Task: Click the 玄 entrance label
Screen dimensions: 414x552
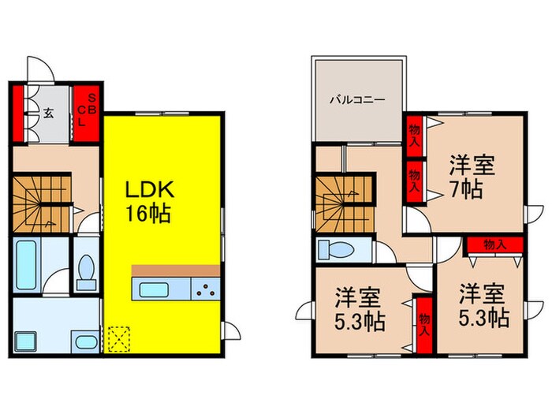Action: [48, 114]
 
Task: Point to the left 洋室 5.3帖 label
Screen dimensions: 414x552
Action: [358, 308]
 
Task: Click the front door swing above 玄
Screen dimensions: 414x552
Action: [39, 69]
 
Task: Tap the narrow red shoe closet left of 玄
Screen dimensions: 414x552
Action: [17, 112]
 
